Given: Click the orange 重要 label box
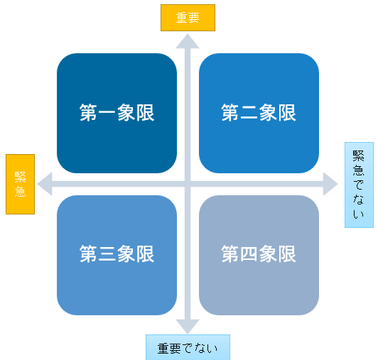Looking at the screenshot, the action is point(188,18).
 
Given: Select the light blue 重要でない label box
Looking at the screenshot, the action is point(188,347).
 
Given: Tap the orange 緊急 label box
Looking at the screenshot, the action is point(20,184).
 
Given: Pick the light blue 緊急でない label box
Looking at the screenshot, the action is point(359,185).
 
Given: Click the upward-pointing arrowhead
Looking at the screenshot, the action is point(188,41).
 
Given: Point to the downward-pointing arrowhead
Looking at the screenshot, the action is point(188,327).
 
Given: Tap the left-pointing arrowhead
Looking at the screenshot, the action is point(45,184).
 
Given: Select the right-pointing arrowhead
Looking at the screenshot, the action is point(330,184).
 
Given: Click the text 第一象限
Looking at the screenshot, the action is point(117,113).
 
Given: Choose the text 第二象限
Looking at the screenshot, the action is point(259,113).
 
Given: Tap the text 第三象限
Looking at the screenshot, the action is point(117,254).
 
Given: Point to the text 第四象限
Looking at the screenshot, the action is point(259,254).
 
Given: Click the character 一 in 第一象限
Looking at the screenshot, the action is point(107,113).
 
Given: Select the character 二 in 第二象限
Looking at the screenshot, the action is point(249,113).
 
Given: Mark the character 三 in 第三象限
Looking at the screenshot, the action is point(107,254).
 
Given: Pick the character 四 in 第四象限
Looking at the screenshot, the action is point(249,254).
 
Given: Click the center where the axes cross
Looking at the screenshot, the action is point(188,184).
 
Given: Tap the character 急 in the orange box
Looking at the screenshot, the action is point(20,192).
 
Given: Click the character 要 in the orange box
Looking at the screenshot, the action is point(193,18).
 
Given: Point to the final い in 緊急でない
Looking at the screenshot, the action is point(359,214).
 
